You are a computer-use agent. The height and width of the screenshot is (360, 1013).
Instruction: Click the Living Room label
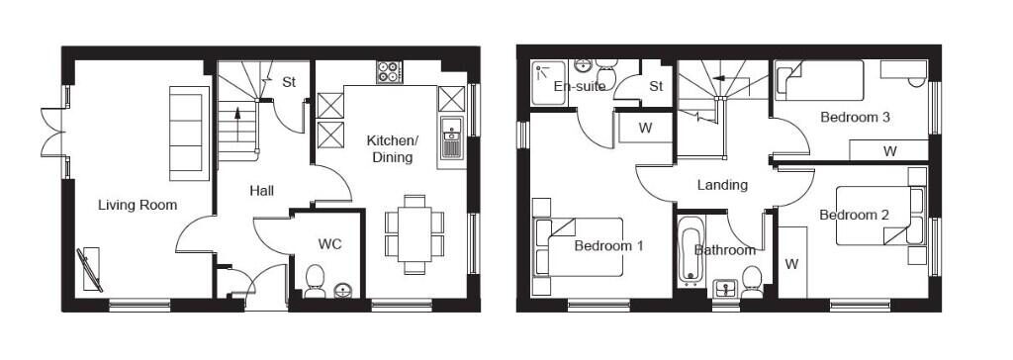tap(138, 205)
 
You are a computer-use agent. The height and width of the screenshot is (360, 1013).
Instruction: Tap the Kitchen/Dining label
tap(393, 148)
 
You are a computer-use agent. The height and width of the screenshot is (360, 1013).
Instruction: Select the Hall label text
tap(261, 191)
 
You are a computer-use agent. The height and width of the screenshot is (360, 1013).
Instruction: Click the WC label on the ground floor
tap(329, 243)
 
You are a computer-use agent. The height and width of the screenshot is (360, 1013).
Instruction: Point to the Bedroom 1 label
tap(609, 245)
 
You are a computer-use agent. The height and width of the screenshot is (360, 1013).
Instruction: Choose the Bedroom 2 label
tap(854, 215)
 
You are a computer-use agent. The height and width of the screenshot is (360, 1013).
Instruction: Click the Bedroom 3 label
tap(856, 117)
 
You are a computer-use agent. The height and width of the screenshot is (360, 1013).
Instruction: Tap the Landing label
tap(722, 185)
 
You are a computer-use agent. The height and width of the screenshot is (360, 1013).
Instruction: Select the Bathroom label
tap(724, 250)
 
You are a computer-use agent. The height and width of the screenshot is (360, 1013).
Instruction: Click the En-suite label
tap(579, 86)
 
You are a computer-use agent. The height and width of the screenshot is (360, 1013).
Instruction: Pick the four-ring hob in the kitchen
tap(388, 72)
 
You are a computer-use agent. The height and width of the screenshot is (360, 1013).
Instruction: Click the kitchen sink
tap(452, 137)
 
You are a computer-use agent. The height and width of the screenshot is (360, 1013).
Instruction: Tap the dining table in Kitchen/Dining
tap(409, 231)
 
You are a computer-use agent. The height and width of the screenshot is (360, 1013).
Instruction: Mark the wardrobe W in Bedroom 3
tap(889, 151)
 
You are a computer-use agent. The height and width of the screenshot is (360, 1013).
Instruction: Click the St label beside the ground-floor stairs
tap(289, 82)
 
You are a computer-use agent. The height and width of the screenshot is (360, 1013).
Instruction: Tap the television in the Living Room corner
tap(91, 267)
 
